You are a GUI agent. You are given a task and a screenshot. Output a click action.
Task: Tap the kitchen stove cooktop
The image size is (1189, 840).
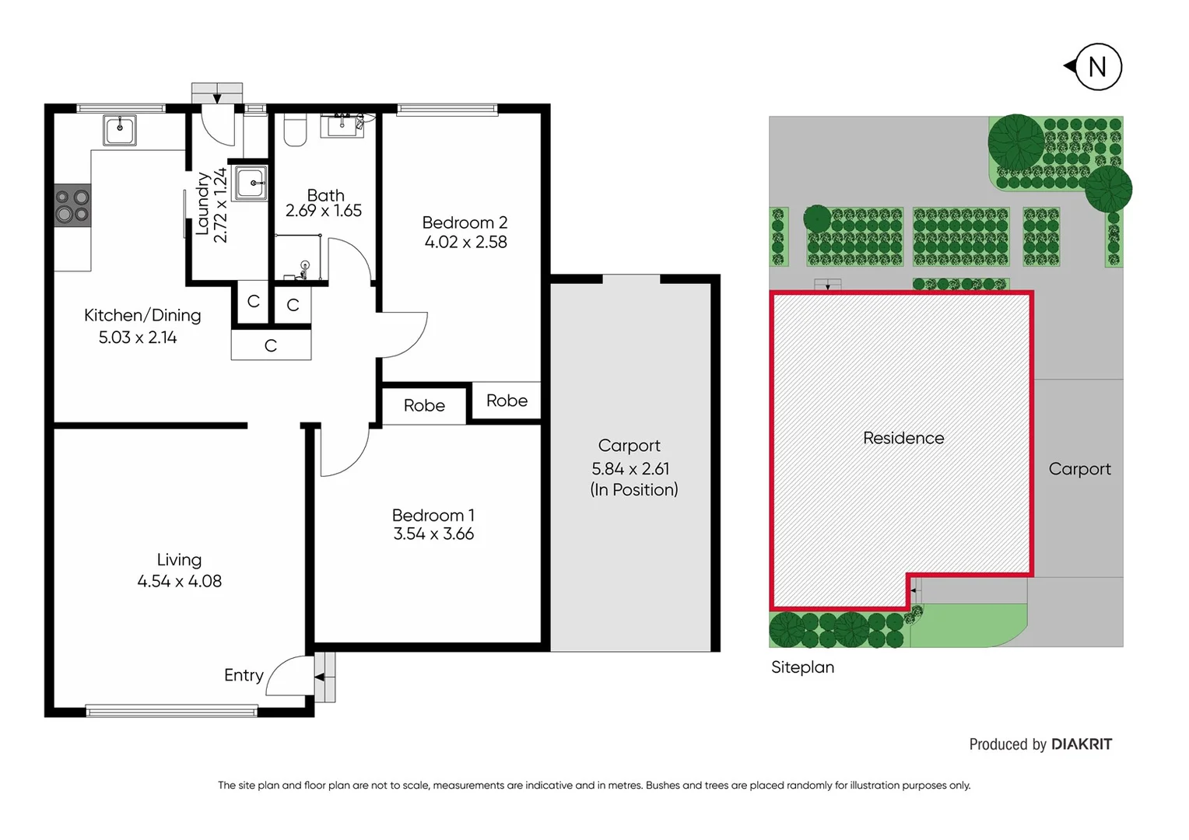pos(72,205)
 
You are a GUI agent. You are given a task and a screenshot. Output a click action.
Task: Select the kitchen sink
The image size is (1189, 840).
pos(120,130)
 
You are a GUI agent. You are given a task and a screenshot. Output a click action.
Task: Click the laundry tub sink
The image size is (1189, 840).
pos(251,183)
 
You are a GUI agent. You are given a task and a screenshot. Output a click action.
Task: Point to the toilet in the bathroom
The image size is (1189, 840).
pos(295,130)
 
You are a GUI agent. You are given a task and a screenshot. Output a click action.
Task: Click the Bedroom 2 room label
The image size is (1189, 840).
pos(465,222)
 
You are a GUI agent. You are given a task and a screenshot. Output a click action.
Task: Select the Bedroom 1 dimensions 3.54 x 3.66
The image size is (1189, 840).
pos(433,534)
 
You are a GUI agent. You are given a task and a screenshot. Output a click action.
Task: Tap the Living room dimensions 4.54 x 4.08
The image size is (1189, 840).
pos(179,582)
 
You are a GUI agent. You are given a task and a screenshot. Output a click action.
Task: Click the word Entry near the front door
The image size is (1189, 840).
pos(244,675)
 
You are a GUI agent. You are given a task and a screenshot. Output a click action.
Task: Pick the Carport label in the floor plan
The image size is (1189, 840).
pos(629,446)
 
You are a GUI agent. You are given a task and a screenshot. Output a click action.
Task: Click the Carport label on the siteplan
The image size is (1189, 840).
pos(1079,469)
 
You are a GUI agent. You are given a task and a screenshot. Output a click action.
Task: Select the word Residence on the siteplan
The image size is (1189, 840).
pos(903,438)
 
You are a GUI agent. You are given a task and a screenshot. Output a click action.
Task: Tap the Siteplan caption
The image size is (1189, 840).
pos(802,667)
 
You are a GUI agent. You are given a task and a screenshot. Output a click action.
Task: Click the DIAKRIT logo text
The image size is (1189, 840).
pos(1082,744)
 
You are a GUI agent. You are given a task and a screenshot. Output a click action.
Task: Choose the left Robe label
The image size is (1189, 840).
pos(424,405)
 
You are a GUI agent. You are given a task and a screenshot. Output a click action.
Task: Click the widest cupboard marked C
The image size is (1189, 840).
pos(271,345)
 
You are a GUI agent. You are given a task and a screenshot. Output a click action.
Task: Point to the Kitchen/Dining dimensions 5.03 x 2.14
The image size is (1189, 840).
pos(138,338)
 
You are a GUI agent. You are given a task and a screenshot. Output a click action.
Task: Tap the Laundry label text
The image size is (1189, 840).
pos(202,204)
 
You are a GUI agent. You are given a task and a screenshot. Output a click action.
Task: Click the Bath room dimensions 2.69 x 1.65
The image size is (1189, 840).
pos(324,211)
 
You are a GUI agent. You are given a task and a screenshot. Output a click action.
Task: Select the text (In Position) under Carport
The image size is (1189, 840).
pos(634,490)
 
